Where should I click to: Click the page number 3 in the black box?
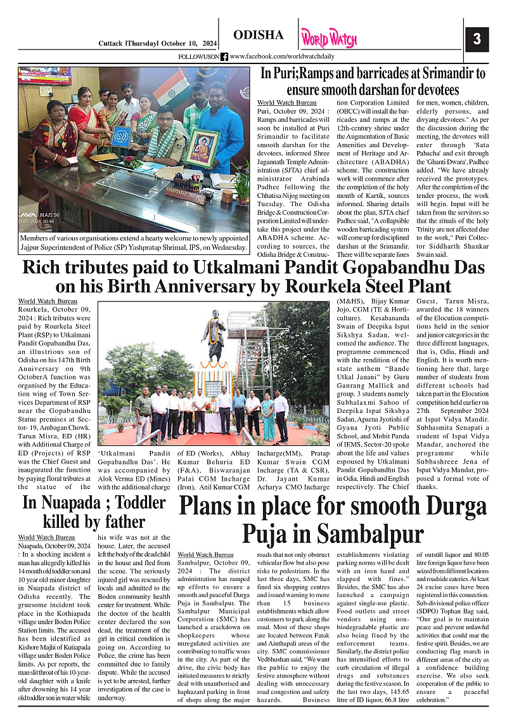pyautogui.click(x=477, y=39)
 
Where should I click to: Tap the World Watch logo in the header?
pyautogui.click(x=329, y=38)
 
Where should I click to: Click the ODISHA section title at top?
pyautogui.click(x=259, y=35)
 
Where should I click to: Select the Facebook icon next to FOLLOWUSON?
pyautogui.click(x=224, y=56)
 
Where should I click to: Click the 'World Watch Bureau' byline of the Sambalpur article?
pyautogui.click(x=205, y=554)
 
